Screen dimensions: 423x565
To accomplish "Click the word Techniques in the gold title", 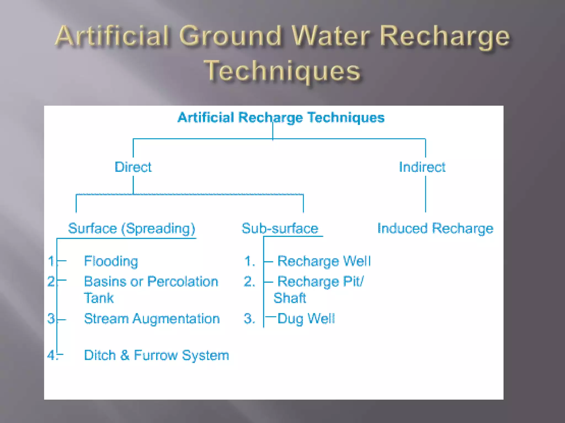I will [x=282, y=71].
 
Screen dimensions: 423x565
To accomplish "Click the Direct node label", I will [x=133, y=167].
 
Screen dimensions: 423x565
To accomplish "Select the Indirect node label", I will [x=422, y=167].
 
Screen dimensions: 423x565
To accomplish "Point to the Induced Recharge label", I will [x=435, y=228].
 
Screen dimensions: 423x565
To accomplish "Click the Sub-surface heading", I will [x=280, y=228].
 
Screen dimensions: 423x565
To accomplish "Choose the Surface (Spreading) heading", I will [x=132, y=228].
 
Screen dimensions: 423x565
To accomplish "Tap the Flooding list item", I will [x=111, y=261].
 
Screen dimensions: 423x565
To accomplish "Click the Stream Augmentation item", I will [x=152, y=319].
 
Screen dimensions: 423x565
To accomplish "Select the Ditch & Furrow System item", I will [x=156, y=355].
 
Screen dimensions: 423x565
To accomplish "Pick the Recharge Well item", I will [x=324, y=261].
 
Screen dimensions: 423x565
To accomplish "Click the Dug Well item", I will [x=306, y=319].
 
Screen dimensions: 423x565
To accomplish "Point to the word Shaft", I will [x=290, y=298].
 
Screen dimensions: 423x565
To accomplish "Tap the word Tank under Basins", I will [x=98, y=298].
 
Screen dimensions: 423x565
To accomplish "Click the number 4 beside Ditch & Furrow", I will [x=51, y=355].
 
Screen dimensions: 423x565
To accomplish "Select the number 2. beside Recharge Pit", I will [x=249, y=281].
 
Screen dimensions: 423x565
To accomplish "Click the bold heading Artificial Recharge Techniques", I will [x=281, y=117].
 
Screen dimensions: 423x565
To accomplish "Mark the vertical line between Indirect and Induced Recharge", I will [x=425, y=194].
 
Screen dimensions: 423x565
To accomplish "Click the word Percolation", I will [x=183, y=281].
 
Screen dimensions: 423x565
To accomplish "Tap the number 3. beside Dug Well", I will [x=249, y=319].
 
